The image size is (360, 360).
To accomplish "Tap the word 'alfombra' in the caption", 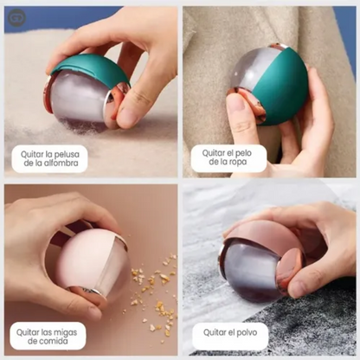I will point(65,164).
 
